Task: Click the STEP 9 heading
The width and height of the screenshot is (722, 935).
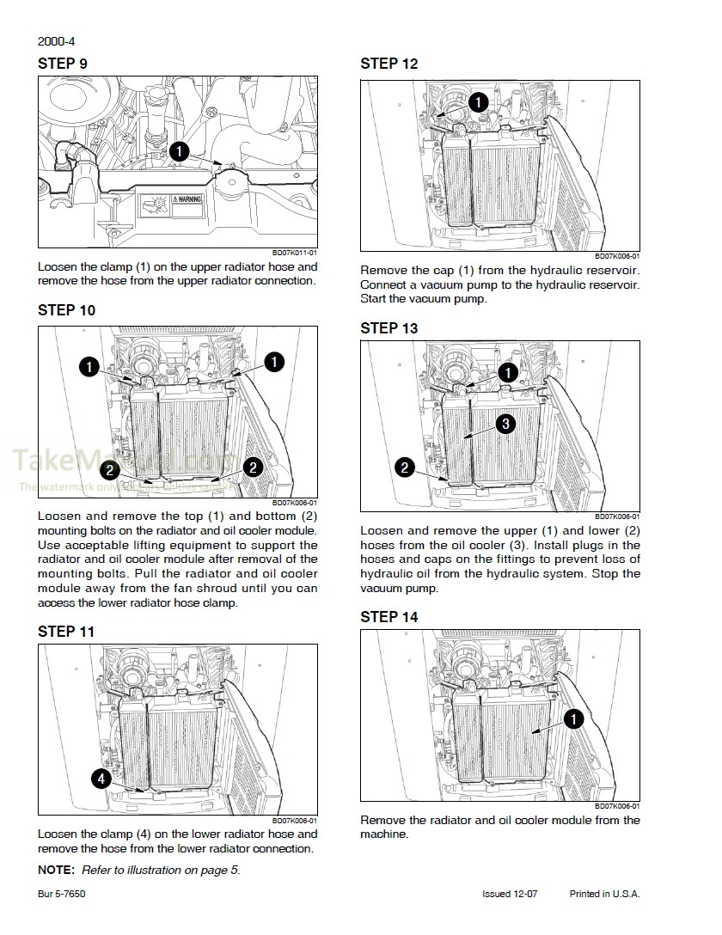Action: pyautogui.click(x=62, y=64)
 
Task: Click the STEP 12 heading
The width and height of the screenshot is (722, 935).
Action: pyautogui.click(x=389, y=64)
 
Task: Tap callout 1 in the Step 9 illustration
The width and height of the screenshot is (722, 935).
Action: pyautogui.click(x=179, y=151)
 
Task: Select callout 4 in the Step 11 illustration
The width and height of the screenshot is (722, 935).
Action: pyautogui.click(x=101, y=779)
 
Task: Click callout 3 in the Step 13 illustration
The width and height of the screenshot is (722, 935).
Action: pyautogui.click(x=505, y=423)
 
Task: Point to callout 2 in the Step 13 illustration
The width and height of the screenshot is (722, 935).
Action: pyautogui.click(x=404, y=467)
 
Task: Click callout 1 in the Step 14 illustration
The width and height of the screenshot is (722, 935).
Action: pyautogui.click(x=574, y=718)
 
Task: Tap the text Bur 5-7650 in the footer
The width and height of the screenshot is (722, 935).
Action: pyautogui.click(x=61, y=894)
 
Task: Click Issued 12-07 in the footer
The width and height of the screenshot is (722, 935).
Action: pyautogui.click(x=510, y=894)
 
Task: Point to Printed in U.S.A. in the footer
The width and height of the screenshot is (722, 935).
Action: pyautogui.click(x=604, y=894)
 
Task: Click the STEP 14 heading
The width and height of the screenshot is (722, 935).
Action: pyautogui.click(x=389, y=617)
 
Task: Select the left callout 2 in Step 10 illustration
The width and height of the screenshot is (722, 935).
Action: pyautogui.click(x=109, y=468)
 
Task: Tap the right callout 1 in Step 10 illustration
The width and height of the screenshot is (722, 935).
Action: pyautogui.click(x=273, y=362)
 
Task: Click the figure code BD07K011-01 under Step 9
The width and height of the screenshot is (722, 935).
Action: pyautogui.click(x=295, y=253)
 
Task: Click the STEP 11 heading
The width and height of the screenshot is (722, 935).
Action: pyautogui.click(x=65, y=632)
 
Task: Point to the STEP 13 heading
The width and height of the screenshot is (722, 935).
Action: pyautogui.click(x=389, y=328)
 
